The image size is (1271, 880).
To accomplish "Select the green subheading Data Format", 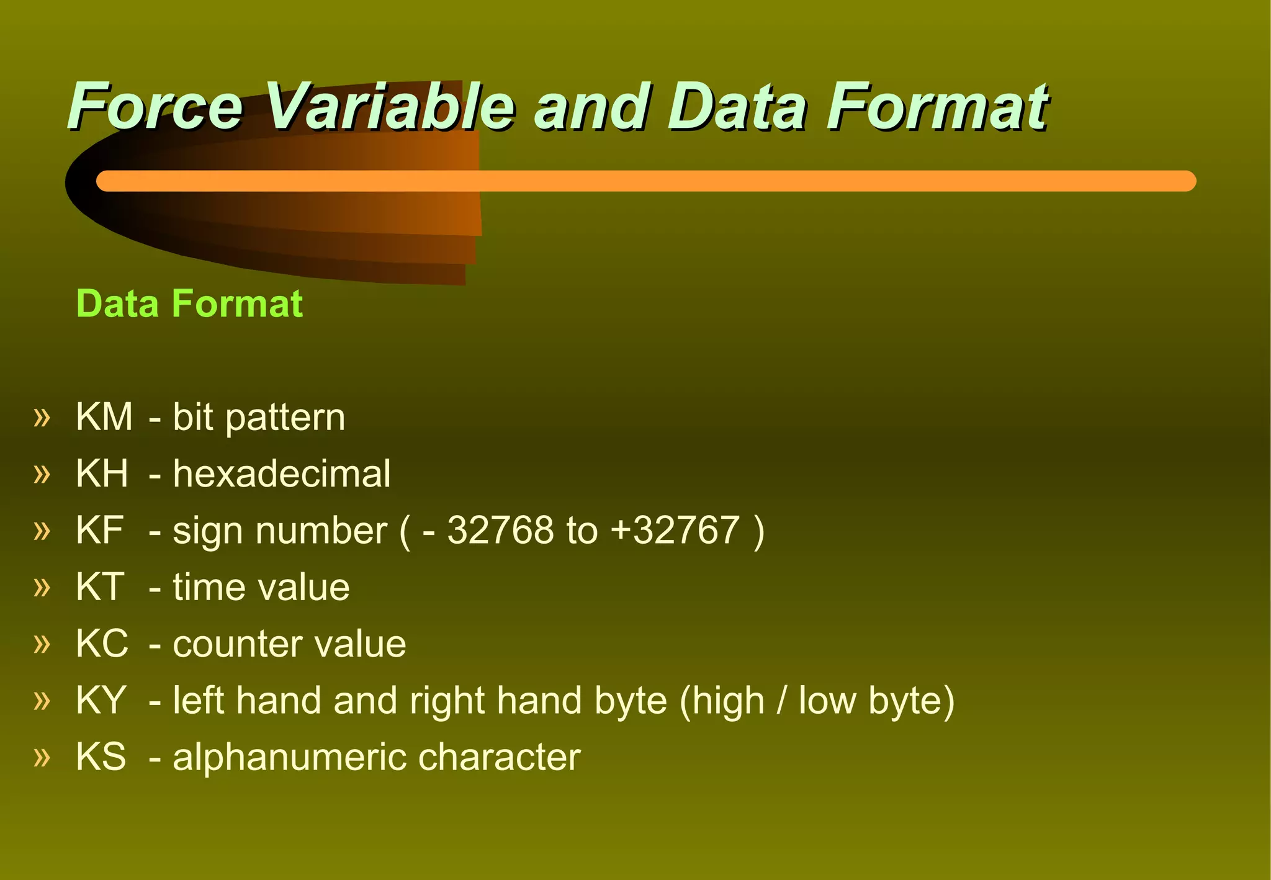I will (189, 303).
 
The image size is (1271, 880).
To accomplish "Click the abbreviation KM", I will (104, 416).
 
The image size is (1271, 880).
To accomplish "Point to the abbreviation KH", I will (102, 474).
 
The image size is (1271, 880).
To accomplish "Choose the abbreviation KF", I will (99, 531).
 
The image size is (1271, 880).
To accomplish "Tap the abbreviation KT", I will (100, 587).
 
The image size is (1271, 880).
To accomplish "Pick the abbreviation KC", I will (102, 644).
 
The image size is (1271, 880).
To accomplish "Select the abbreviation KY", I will (101, 700).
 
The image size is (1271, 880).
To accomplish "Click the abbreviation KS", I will (101, 757).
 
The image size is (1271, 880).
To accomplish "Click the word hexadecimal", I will (282, 474).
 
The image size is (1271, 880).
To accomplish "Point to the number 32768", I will (500, 531).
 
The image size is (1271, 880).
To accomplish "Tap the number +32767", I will (675, 531).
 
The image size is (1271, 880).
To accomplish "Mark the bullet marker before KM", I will (42, 416).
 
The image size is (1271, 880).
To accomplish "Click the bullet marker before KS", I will (42, 757).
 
